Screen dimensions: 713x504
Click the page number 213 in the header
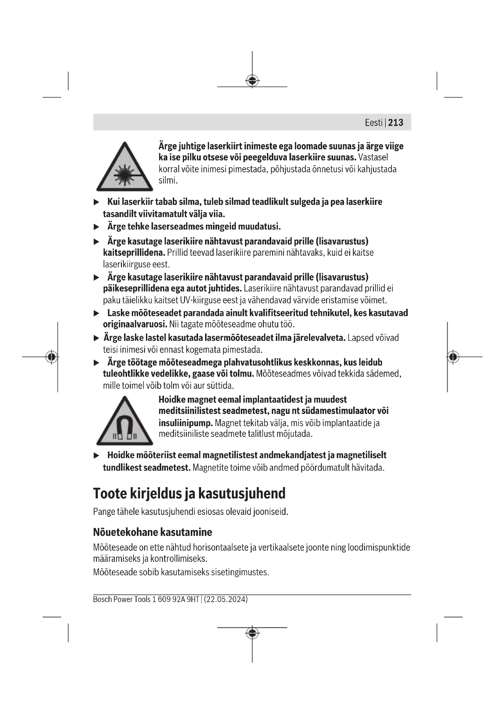(396, 123)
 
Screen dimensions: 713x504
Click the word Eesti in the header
(373, 123)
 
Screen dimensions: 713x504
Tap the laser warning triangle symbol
(124, 168)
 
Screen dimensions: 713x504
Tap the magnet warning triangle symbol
(124, 421)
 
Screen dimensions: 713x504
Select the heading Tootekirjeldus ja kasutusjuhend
(189, 494)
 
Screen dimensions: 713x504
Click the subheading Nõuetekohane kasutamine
(152, 532)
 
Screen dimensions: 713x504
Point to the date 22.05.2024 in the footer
(225, 599)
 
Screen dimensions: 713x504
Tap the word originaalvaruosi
(135, 324)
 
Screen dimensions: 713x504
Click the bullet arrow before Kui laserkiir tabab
(97, 202)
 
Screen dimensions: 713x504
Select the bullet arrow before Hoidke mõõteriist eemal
(97, 456)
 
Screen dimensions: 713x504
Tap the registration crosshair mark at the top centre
(252, 81)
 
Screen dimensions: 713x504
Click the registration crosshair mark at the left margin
(51, 357)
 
